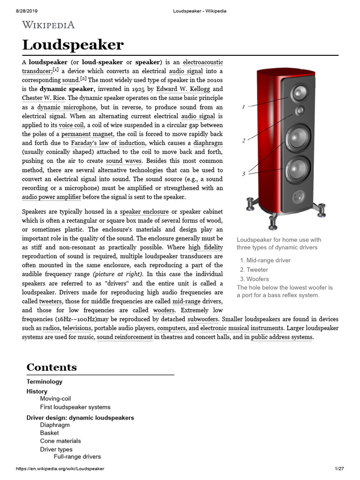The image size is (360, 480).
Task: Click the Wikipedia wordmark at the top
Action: (48, 25)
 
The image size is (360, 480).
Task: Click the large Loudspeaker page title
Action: (73, 45)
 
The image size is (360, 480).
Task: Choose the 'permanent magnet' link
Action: (88, 134)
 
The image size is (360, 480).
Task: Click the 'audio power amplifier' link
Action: (52, 197)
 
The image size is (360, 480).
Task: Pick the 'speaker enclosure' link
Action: (144, 212)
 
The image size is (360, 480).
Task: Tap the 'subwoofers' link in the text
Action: (203, 319)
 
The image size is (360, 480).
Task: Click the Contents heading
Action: (52, 367)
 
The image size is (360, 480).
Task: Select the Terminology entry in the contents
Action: (44, 382)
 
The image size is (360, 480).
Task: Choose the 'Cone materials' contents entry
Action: (60, 441)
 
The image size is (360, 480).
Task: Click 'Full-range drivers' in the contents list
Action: (77, 457)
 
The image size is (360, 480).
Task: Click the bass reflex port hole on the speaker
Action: (298, 195)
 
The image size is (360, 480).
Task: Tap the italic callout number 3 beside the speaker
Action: (244, 174)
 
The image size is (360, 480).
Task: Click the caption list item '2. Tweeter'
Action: (254, 270)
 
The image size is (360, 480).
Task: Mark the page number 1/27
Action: (339, 469)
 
